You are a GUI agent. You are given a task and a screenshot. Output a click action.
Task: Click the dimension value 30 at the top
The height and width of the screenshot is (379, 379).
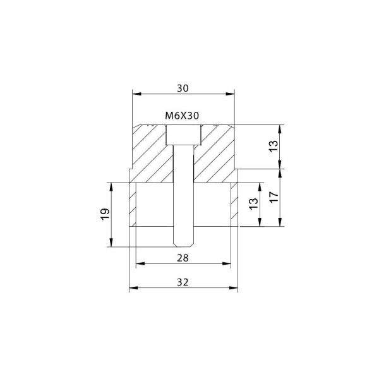183,88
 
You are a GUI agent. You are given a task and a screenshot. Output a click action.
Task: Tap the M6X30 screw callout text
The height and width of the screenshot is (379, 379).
182,116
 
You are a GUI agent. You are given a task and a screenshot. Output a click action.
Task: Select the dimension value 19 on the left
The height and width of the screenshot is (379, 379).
105,214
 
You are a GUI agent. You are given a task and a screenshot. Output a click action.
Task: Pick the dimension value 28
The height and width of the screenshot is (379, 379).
183,258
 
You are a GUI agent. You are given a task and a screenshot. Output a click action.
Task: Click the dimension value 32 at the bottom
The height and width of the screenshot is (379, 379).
183,282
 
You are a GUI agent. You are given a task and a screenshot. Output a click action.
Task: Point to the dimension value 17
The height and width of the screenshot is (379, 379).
274,197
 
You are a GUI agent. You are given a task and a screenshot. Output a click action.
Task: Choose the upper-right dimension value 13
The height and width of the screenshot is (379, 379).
274,147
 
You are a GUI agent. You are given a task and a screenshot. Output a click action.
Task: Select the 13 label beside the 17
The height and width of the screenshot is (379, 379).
253,204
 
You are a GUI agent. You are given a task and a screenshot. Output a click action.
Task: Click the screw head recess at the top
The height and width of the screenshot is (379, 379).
183,135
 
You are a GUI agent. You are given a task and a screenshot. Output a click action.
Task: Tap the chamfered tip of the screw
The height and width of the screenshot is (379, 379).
183,245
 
